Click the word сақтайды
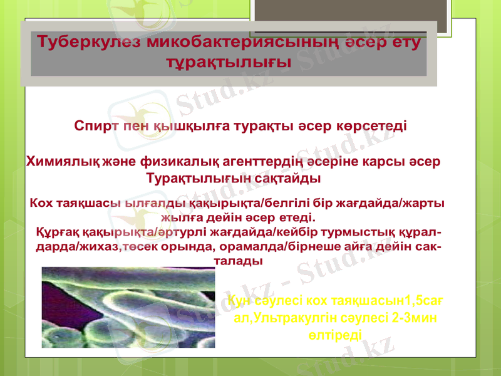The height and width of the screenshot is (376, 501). click(291, 179)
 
